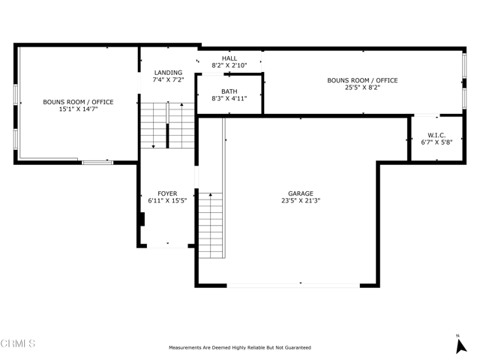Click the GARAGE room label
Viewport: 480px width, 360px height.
(x=301, y=193)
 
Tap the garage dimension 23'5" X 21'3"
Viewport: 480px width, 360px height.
(x=301, y=201)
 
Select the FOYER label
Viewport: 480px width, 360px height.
(x=167, y=193)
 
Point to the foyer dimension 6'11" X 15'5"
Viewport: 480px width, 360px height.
(x=167, y=201)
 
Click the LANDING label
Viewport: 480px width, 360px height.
(x=168, y=73)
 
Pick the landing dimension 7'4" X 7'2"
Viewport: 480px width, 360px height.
(x=168, y=80)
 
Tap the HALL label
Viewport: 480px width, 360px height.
(x=229, y=58)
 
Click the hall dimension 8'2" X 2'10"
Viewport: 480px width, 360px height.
(x=229, y=66)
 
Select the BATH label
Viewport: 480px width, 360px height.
(x=229, y=91)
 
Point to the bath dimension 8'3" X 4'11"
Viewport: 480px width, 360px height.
(x=229, y=98)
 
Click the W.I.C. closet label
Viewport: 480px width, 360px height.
(x=436, y=135)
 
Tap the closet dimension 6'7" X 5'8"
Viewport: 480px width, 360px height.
(x=436, y=142)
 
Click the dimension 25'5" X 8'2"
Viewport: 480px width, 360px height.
(x=361, y=88)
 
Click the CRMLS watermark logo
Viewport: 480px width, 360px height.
(x=18, y=343)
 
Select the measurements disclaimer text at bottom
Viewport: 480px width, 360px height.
(x=239, y=347)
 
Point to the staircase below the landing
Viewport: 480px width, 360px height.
(x=167, y=125)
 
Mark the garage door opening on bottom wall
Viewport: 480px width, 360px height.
(x=292, y=284)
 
